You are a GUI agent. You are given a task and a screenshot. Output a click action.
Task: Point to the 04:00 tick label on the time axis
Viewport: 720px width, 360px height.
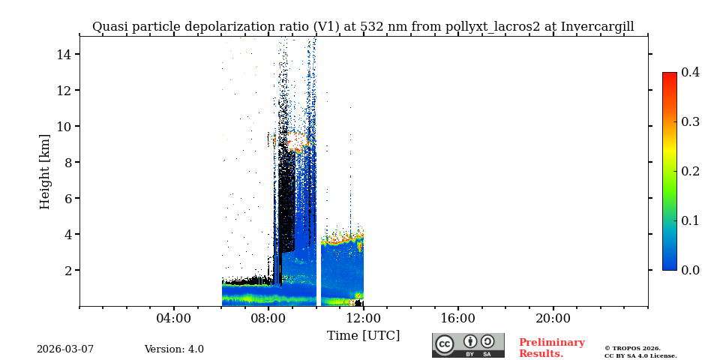174,318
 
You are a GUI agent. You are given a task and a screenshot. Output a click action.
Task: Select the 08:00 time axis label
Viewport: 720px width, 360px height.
268,318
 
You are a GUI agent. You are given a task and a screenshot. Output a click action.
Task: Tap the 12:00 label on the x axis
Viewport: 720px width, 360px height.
363,318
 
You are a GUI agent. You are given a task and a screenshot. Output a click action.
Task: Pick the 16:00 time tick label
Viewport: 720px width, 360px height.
457,318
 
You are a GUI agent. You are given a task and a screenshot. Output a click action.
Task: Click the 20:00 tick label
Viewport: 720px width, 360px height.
553,318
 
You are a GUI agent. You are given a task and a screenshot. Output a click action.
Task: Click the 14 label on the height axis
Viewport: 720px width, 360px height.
64,54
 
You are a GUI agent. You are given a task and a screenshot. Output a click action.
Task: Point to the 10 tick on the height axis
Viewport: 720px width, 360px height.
64,126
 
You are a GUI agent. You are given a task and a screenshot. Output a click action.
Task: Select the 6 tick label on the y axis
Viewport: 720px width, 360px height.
67,198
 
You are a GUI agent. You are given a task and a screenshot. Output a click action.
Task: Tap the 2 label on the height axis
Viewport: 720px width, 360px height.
67,270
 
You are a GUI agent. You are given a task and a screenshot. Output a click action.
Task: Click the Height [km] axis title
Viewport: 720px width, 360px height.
45,171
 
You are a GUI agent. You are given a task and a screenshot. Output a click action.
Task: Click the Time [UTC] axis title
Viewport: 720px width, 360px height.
363,335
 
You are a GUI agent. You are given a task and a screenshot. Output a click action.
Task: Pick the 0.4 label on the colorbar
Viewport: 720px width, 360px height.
690,72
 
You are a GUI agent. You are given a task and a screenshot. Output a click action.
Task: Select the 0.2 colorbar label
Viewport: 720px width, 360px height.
690,171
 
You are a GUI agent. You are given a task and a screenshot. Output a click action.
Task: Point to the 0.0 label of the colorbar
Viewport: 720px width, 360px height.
690,270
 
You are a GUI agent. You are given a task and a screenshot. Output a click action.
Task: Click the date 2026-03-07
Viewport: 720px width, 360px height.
65,349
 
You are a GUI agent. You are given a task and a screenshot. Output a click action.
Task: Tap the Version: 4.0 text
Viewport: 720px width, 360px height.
174,349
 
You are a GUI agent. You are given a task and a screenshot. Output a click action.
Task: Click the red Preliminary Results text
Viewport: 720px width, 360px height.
551,348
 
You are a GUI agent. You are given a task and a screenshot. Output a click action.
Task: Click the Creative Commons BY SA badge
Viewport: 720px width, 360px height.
468,345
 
